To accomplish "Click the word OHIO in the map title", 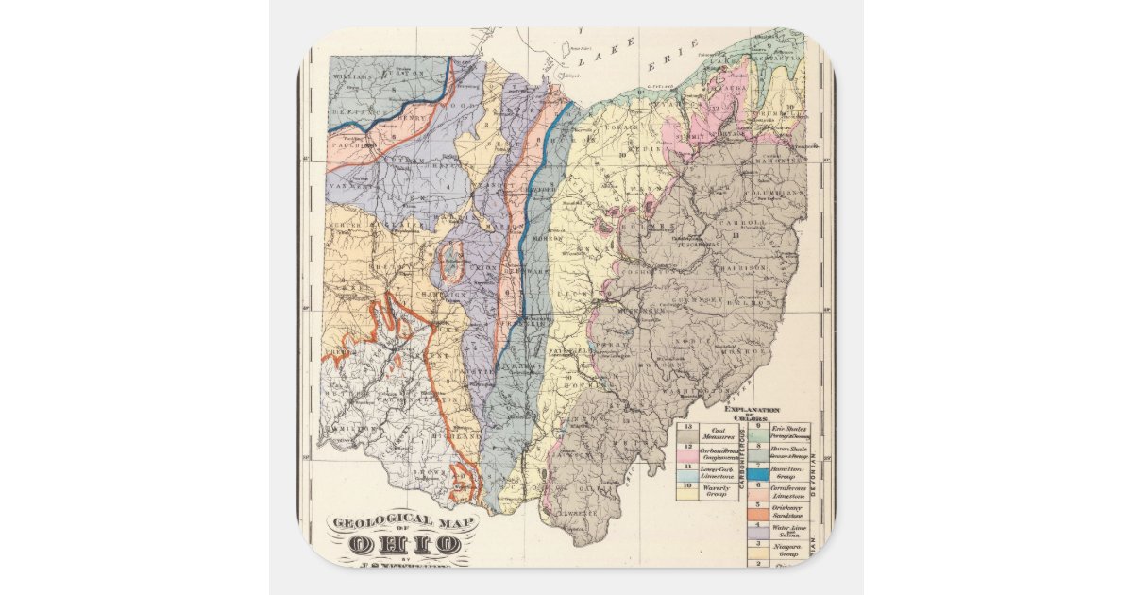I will (404, 545).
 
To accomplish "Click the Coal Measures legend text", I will (713, 433).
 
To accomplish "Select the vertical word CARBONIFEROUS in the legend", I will (745, 463).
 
